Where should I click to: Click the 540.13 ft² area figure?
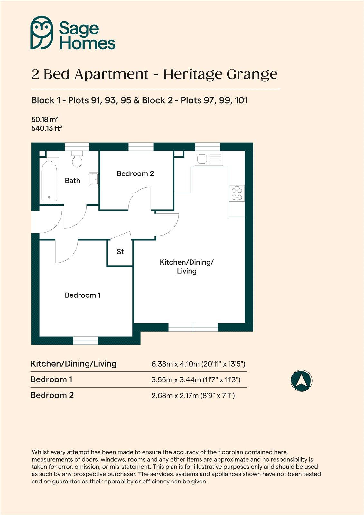[x=46, y=128]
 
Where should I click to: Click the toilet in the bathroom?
[x=77, y=159]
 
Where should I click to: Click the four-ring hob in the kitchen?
[x=237, y=193]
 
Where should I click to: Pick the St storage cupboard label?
[x=120, y=252]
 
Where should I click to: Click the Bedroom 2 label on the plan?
[x=135, y=173]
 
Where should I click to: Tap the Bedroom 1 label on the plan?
[x=83, y=295]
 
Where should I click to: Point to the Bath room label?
[x=72, y=181]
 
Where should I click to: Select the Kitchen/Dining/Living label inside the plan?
[x=187, y=267]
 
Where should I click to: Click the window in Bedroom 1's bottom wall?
[x=86, y=340]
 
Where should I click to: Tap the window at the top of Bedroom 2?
[x=141, y=146]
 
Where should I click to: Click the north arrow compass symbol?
[x=301, y=381]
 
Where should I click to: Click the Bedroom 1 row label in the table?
[x=51, y=379]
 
